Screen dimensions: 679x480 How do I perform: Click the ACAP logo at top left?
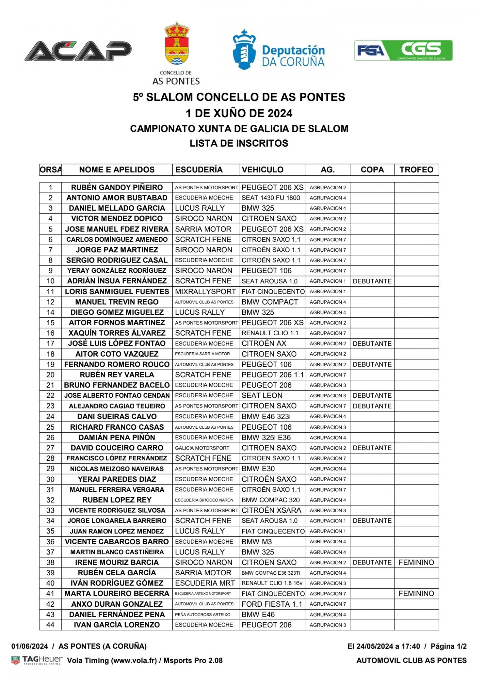coord(78,51)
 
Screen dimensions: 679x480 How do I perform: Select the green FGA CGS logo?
coord(403,51)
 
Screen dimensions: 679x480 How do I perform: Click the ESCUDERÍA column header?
coord(199,170)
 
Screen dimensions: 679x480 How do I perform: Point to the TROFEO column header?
coord(416,170)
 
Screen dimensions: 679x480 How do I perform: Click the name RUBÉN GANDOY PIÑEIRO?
coord(117,188)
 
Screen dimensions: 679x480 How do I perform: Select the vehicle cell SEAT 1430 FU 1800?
coord(271,198)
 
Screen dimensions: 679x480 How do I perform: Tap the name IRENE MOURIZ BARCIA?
coord(117,562)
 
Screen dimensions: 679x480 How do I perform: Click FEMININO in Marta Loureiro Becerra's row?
coord(416,593)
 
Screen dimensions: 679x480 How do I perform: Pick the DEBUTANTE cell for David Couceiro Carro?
coord(372,448)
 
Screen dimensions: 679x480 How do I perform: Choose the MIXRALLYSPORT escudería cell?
coord(205,292)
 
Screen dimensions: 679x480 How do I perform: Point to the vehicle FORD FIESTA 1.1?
coord(272,604)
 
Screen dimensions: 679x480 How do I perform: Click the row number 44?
coord(50,625)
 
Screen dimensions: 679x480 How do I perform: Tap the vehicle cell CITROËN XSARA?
coord(271,510)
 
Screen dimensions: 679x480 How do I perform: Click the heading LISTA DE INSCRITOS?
coord(239,143)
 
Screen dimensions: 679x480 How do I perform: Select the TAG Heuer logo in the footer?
coord(37,660)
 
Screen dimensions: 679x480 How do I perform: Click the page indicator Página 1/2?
coord(449,646)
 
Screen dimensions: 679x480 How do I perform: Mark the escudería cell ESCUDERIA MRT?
coord(205,583)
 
